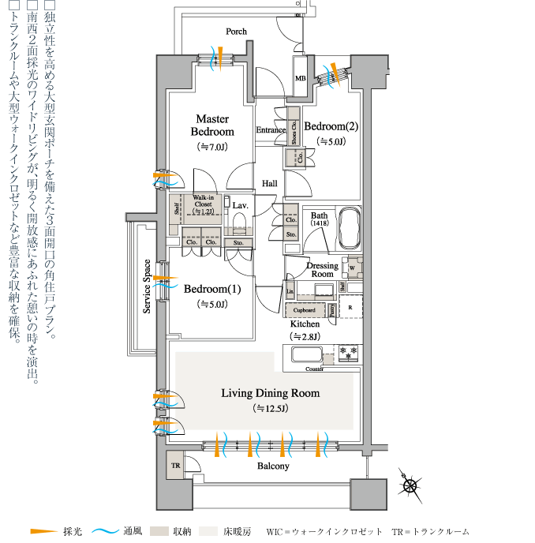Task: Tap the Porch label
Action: coord(236,32)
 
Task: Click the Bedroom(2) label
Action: coord(331,126)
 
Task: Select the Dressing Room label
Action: coord(322,269)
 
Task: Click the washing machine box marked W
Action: coord(352,268)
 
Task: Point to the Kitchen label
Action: coord(305,324)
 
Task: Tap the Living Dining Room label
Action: coord(270,393)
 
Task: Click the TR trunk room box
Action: coord(174,466)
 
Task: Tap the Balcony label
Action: coord(273,466)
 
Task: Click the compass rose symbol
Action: coord(410,485)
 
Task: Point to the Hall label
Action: coord(270,183)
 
